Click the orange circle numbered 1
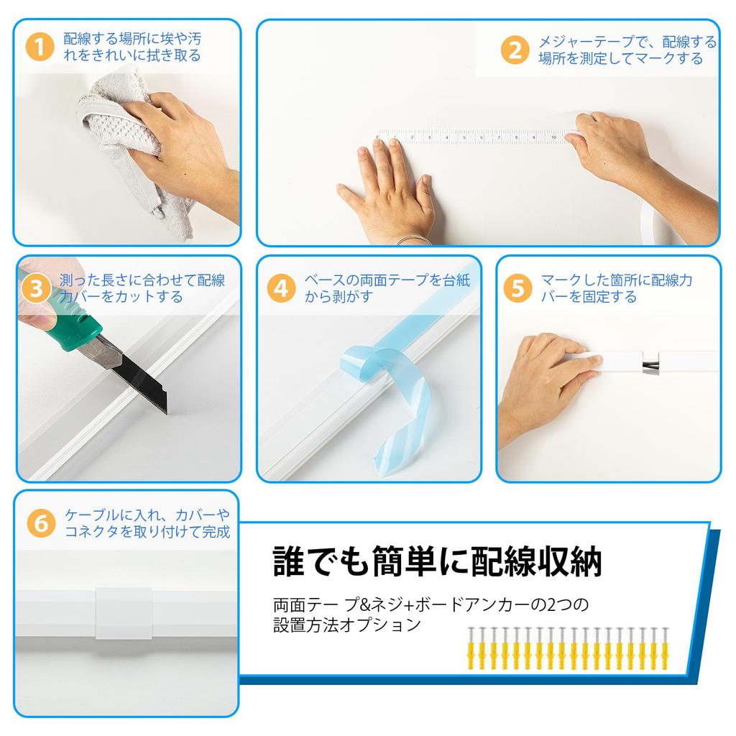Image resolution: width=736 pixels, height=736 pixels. click(x=40, y=47)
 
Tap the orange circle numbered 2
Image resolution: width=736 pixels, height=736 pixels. click(x=515, y=50)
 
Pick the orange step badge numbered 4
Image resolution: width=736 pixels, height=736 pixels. click(x=281, y=288)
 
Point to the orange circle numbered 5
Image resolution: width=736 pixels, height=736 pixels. click(x=518, y=288)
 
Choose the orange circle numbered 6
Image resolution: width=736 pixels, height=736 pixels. click(x=41, y=523)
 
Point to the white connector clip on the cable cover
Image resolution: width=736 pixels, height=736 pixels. click(x=123, y=614)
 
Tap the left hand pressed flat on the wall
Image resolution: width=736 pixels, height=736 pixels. click(x=392, y=190)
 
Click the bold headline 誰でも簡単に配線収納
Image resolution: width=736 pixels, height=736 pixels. click(x=436, y=561)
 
